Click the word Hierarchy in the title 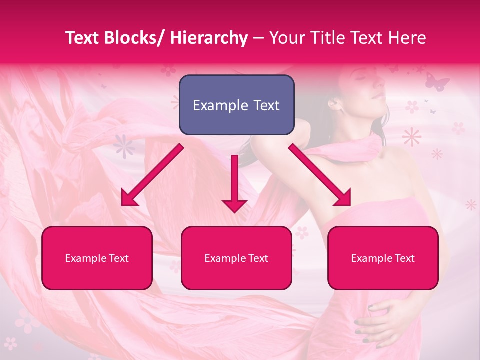click(209, 38)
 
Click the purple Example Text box click(236, 105)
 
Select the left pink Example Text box click(97, 258)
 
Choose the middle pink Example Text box click(236, 258)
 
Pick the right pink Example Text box click(383, 258)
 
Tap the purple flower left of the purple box click(123, 146)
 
